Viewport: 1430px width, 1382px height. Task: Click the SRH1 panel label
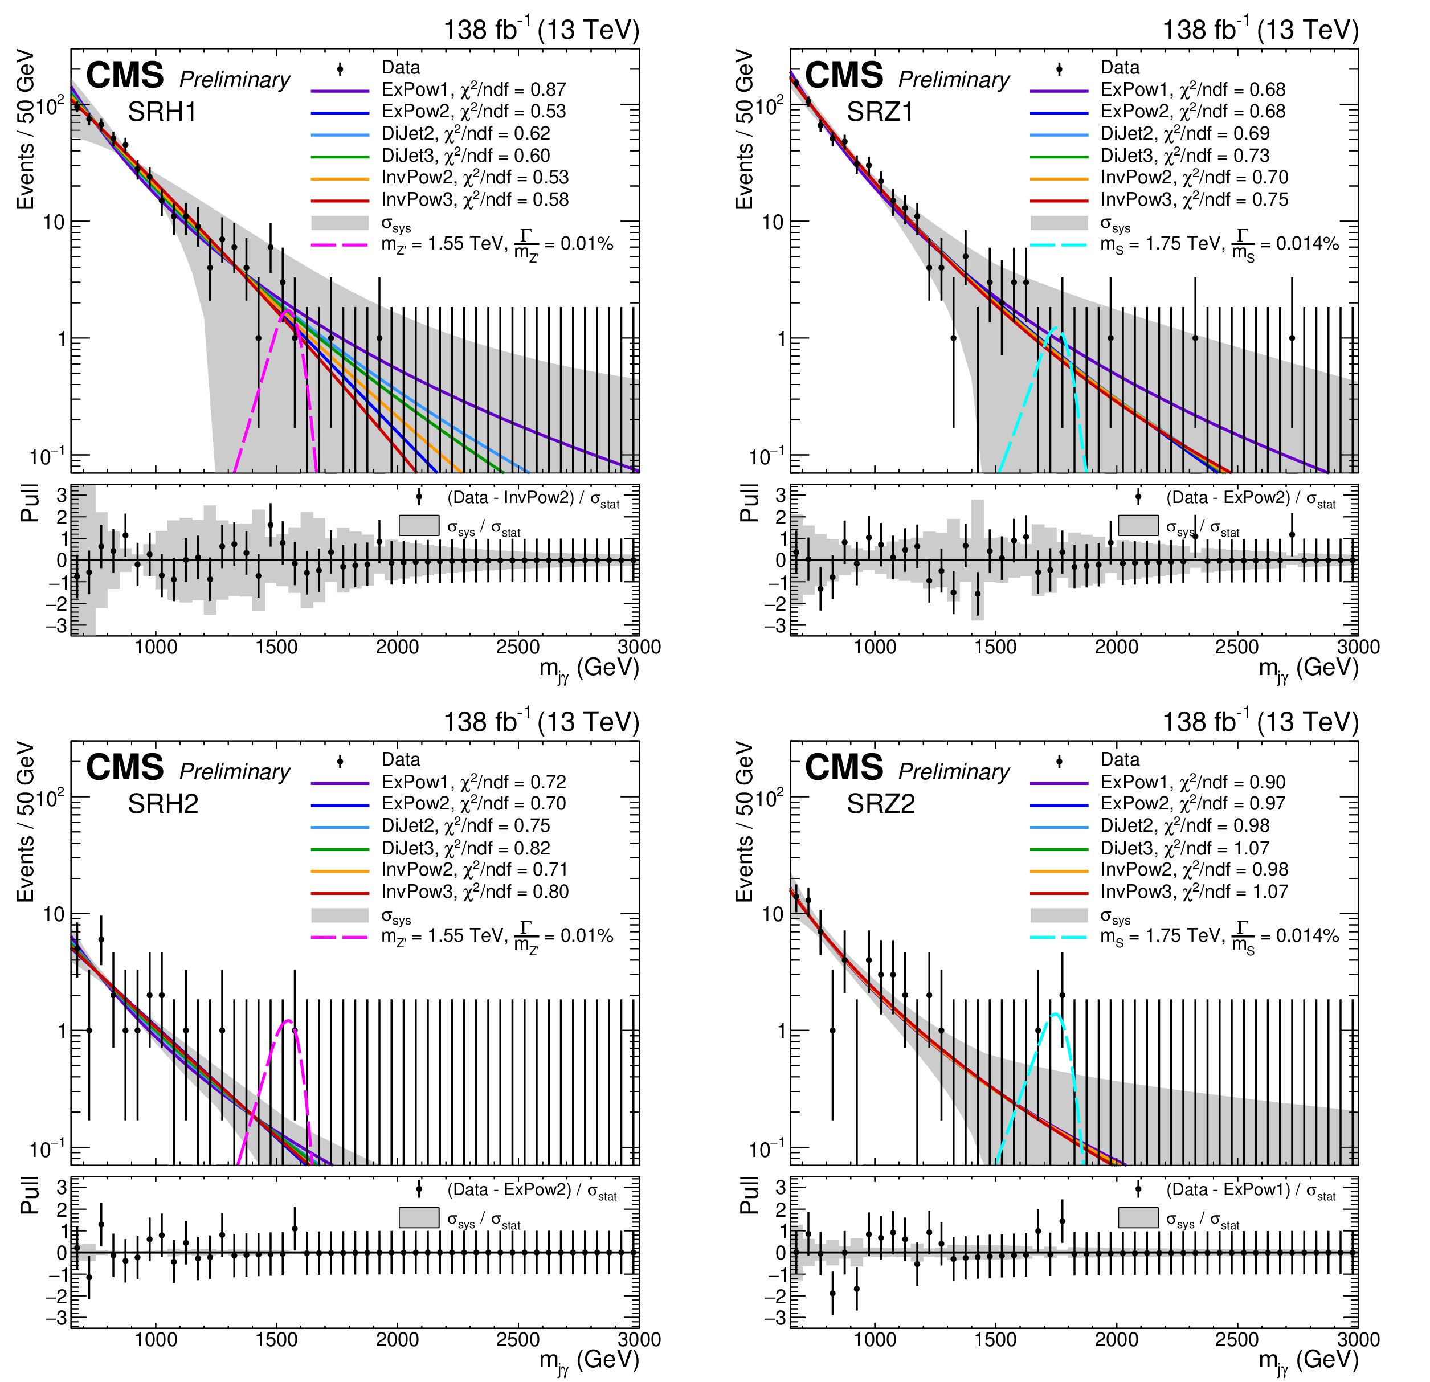(x=162, y=112)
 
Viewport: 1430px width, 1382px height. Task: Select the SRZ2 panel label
(x=881, y=803)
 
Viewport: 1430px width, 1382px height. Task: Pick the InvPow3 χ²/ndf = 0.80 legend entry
(x=474, y=891)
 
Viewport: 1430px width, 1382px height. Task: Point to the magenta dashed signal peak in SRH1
(x=287, y=312)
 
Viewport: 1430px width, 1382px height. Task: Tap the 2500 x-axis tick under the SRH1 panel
(x=518, y=647)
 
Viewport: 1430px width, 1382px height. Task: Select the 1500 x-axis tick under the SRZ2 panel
(x=996, y=1340)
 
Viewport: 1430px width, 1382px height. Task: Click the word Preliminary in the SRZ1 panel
(x=954, y=80)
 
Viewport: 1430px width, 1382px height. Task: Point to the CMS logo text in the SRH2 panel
(x=125, y=767)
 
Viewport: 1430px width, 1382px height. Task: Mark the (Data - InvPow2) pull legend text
(x=533, y=498)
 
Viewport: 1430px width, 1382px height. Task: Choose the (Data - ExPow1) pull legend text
(x=1251, y=1190)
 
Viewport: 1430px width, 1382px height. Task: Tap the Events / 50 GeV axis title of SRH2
(x=26, y=821)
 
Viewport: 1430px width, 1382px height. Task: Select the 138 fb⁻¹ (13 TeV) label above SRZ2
(x=1260, y=722)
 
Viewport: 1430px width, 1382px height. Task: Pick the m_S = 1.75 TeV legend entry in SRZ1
(x=1219, y=244)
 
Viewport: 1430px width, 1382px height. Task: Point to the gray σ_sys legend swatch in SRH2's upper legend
(x=340, y=915)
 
